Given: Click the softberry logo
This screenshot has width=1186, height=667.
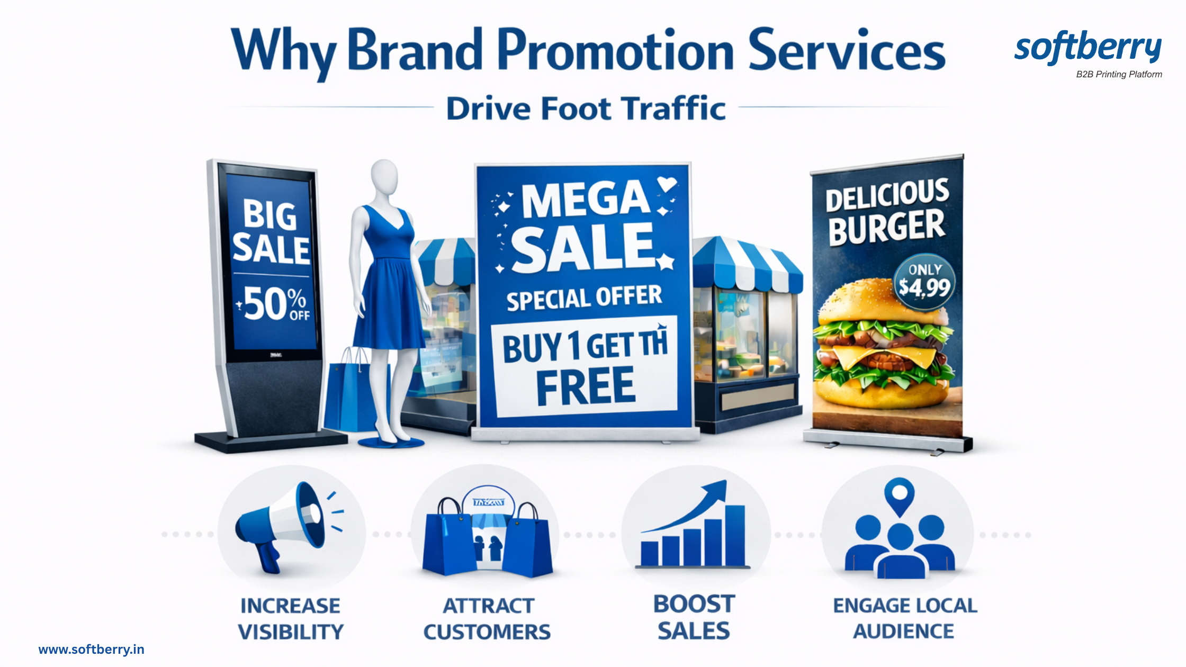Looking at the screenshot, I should tap(1088, 48).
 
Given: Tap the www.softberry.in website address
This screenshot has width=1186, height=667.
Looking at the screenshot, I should tap(91, 650).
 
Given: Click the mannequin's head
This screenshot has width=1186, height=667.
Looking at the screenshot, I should tap(384, 177).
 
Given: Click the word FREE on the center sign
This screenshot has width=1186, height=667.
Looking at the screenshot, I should tap(586, 386).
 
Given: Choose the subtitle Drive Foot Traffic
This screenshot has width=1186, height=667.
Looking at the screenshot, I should tap(586, 109).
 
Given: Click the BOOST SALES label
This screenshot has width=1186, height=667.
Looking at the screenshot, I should tap(694, 617).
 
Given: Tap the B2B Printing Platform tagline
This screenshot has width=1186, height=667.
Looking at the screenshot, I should tap(1119, 75).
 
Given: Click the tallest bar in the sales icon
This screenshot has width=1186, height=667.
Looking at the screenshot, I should tap(734, 536).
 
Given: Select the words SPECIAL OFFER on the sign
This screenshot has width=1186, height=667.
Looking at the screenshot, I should tap(584, 298).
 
